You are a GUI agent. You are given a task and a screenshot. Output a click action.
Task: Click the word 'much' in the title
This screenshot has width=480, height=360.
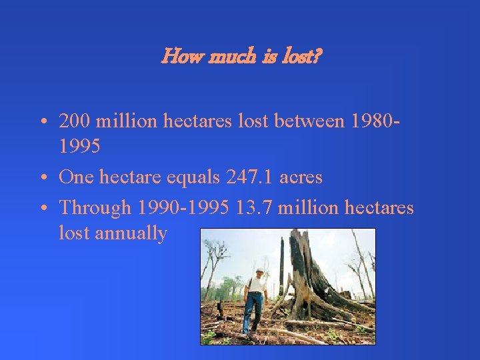(226, 57)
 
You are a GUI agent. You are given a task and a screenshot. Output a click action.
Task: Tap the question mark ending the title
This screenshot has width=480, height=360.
(318, 57)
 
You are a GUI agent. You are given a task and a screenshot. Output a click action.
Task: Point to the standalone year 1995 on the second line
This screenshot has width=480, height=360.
(79, 146)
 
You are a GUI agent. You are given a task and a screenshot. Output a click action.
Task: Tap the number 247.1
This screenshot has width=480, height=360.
(249, 177)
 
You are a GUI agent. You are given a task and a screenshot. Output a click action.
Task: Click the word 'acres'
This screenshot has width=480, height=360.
(301, 177)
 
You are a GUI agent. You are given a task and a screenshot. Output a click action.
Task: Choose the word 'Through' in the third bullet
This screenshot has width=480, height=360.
(95, 207)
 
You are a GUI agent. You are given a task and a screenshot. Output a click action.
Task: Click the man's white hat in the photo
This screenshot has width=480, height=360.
(259, 271)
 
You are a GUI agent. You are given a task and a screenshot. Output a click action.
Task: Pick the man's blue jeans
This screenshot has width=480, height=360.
(253, 311)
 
